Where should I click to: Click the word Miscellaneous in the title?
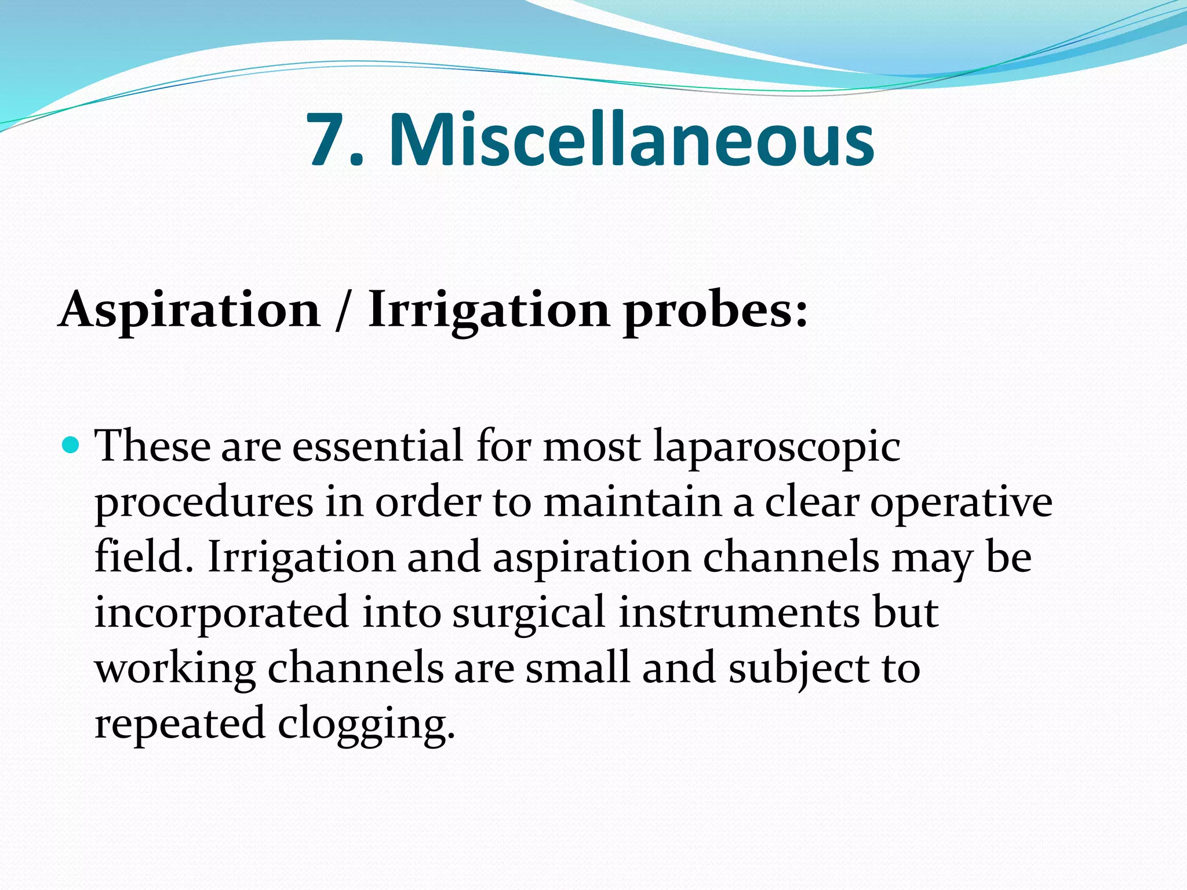click(x=631, y=140)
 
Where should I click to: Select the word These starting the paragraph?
click(x=152, y=446)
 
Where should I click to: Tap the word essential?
click(x=377, y=446)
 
